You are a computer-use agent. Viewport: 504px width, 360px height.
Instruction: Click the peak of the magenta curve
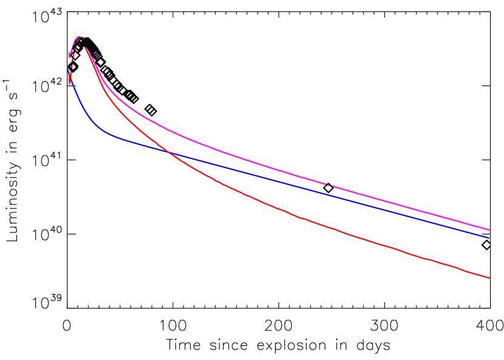pos(79,36)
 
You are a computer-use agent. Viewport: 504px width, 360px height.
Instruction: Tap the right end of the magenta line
pos(489,229)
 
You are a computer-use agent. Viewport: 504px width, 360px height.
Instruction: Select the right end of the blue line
pos(489,237)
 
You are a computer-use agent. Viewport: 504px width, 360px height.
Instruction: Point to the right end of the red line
pos(489,277)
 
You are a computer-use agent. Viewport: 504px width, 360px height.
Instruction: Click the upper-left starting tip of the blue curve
pos(67,69)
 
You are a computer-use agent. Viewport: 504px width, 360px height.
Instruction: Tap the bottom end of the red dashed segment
pos(70,83)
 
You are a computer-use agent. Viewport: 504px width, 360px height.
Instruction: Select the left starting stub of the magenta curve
pos(70,55)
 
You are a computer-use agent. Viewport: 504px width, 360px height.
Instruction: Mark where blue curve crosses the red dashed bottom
pos(70,75)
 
